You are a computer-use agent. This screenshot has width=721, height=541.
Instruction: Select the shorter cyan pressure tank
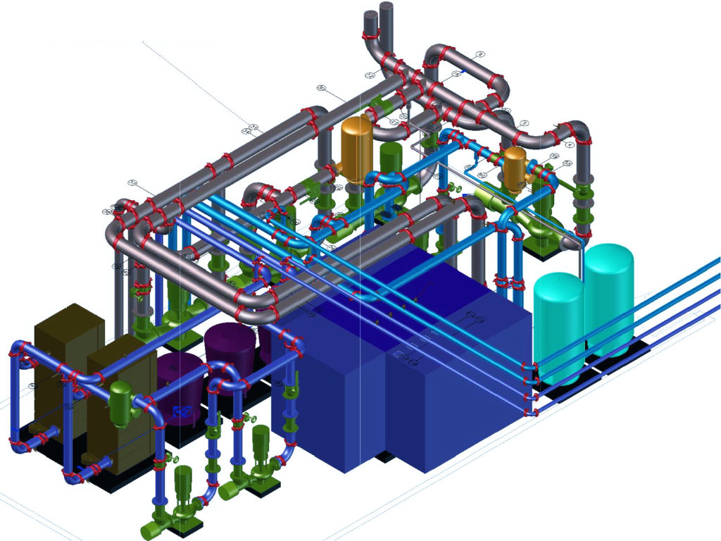558,321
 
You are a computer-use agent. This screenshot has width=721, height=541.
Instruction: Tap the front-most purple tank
177,394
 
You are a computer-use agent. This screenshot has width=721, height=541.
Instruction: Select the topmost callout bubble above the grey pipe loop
480,54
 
